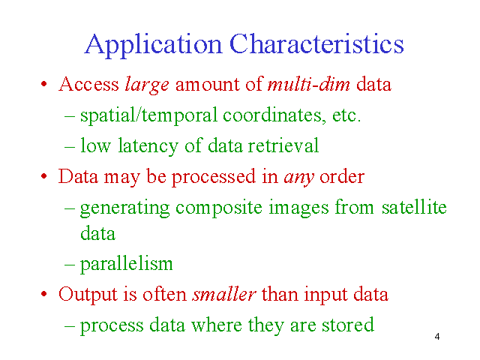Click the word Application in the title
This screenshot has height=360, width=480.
(153, 45)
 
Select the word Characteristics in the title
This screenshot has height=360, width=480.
(316, 43)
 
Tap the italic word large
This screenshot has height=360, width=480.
(147, 85)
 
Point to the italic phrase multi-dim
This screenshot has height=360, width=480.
(308, 84)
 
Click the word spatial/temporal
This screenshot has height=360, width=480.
(148, 116)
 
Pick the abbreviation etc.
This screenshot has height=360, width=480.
(346, 115)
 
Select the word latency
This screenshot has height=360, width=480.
(148, 146)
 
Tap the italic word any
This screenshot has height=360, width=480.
(298, 178)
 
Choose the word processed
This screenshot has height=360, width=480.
(213, 178)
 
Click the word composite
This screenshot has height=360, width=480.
(218, 208)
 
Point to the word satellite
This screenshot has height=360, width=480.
(414, 207)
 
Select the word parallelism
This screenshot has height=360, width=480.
(127, 265)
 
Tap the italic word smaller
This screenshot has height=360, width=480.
(223, 294)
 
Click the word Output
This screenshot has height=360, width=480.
(88, 295)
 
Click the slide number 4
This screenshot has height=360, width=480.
(436, 337)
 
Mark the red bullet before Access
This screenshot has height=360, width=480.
(44, 84)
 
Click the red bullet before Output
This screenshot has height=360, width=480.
(44, 294)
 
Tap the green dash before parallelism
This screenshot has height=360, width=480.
(70, 265)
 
